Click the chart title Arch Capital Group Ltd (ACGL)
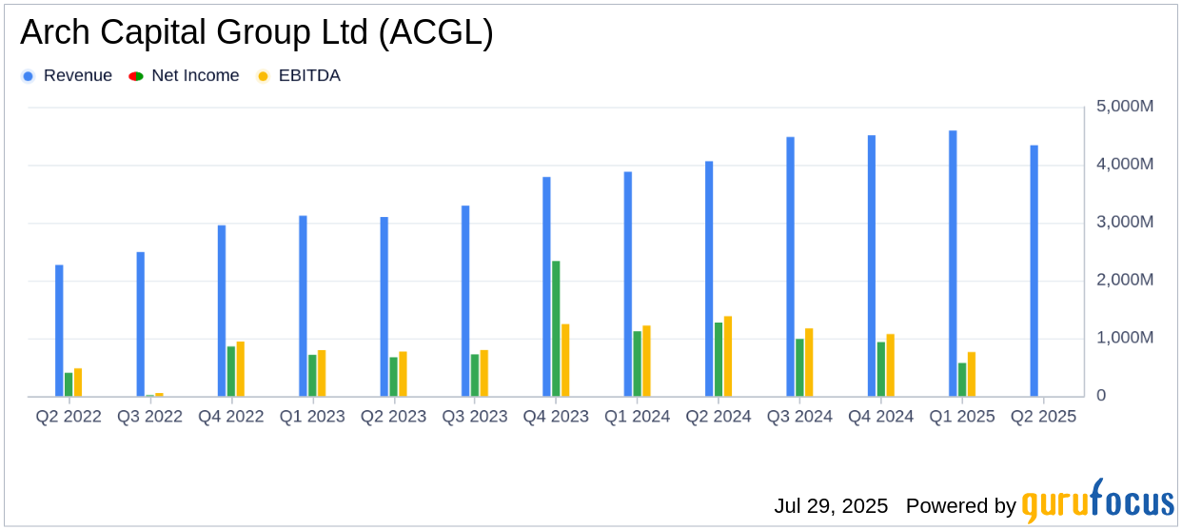tap(256, 33)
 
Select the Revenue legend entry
tap(77, 76)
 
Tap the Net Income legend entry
tap(195, 76)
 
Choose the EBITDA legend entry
tap(308, 76)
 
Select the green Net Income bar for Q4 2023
tap(556, 328)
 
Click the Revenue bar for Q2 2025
tap(1034, 270)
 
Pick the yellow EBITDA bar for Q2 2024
tap(728, 356)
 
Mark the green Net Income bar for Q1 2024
tap(638, 363)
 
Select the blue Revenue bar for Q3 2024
tap(790, 266)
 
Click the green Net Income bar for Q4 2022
tap(231, 371)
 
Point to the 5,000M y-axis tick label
tap(1125, 107)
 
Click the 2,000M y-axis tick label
tap(1125, 280)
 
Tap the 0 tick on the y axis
tap(1101, 396)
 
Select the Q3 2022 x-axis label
tap(149, 417)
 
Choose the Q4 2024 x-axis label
tap(880, 417)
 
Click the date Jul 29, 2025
tap(831, 505)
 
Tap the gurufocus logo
tap(1097, 501)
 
